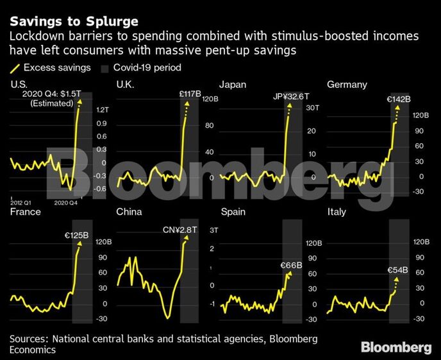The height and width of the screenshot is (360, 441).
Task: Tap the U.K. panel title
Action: [x=125, y=84]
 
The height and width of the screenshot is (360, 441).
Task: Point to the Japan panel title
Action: [x=233, y=84]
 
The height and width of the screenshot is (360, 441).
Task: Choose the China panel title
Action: [x=129, y=211]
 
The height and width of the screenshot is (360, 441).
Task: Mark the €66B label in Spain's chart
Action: [x=292, y=265]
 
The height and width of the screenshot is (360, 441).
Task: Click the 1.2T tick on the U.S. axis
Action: [x=101, y=110]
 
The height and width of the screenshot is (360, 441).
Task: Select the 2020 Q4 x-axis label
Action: [x=65, y=202]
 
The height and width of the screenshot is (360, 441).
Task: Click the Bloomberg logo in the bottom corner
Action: [x=395, y=347]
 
